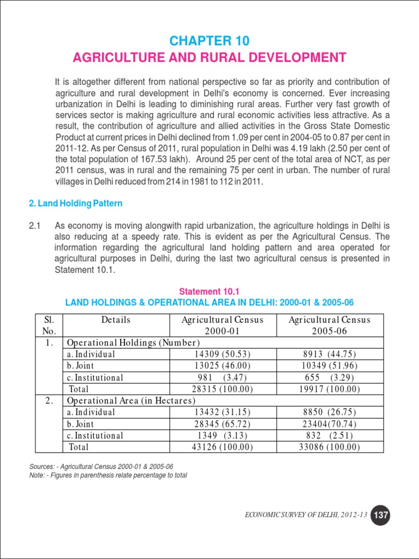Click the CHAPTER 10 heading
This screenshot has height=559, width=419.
pos(209,41)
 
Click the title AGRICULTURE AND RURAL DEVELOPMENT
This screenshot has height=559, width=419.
pos(209,58)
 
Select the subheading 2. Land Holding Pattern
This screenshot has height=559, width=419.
pos(75,204)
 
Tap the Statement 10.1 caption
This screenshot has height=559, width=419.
pos(210,291)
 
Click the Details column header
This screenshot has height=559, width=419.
pos(116,320)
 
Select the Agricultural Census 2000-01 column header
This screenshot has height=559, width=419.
pos(222,325)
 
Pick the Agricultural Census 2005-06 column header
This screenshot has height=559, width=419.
pos(330,325)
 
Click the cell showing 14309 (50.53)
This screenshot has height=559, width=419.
pos(222,354)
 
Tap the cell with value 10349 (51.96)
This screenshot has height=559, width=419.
pos(330,366)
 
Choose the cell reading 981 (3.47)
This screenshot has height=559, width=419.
pos(222,378)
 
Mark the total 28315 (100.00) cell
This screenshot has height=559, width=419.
pos(222,389)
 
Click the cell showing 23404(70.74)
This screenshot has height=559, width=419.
pos(330,424)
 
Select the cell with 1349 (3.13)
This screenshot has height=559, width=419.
pos(222,436)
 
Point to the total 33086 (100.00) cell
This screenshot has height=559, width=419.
pos(330,447)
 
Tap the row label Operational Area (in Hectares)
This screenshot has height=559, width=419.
pos(131,401)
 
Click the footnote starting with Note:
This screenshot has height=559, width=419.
pos(108,475)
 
